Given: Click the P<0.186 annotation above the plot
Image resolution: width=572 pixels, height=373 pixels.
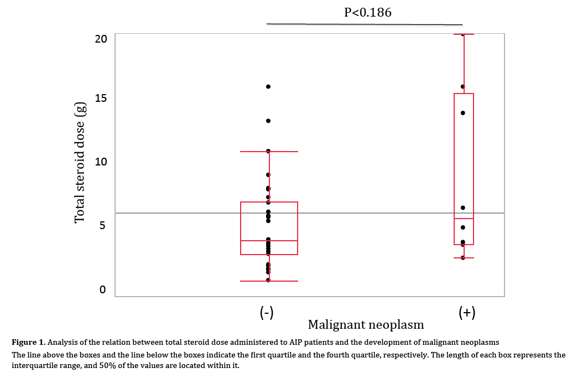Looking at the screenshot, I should tap(368, 12).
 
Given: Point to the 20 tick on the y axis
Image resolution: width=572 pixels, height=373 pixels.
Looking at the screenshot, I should tap(101, 39).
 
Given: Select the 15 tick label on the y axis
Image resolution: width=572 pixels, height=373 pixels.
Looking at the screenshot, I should tap(101, 98).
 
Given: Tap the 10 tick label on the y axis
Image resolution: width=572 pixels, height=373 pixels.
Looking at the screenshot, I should tap(101, 162).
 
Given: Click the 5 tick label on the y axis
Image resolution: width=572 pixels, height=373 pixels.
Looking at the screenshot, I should tap(103, 225).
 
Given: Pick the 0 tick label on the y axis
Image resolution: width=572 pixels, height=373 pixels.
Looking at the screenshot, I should tap(103, 289).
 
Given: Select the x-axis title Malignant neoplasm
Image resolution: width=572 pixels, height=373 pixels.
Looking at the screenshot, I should tap(366, 324).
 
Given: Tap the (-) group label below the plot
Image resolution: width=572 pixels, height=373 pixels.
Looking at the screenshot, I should tap(267, 313).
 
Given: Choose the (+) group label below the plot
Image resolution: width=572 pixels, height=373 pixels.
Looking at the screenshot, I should tap(467, 313).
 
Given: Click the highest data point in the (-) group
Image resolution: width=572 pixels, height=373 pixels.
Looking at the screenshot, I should tap(268, 86).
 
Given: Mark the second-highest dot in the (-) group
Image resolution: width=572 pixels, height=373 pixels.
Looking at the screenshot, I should tap(268, 121).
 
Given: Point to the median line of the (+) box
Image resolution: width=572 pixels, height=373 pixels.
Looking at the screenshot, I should tap(464, 219).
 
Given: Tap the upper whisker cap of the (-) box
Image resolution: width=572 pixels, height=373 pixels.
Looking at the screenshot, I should tap(269, 152).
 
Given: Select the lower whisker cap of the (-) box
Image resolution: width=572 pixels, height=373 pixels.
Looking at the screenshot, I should tap(269, 281).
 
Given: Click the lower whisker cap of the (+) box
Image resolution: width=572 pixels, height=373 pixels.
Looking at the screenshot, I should tap(464, 258).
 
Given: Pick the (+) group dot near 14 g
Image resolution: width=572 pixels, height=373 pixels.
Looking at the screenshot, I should tap(463, 113).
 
